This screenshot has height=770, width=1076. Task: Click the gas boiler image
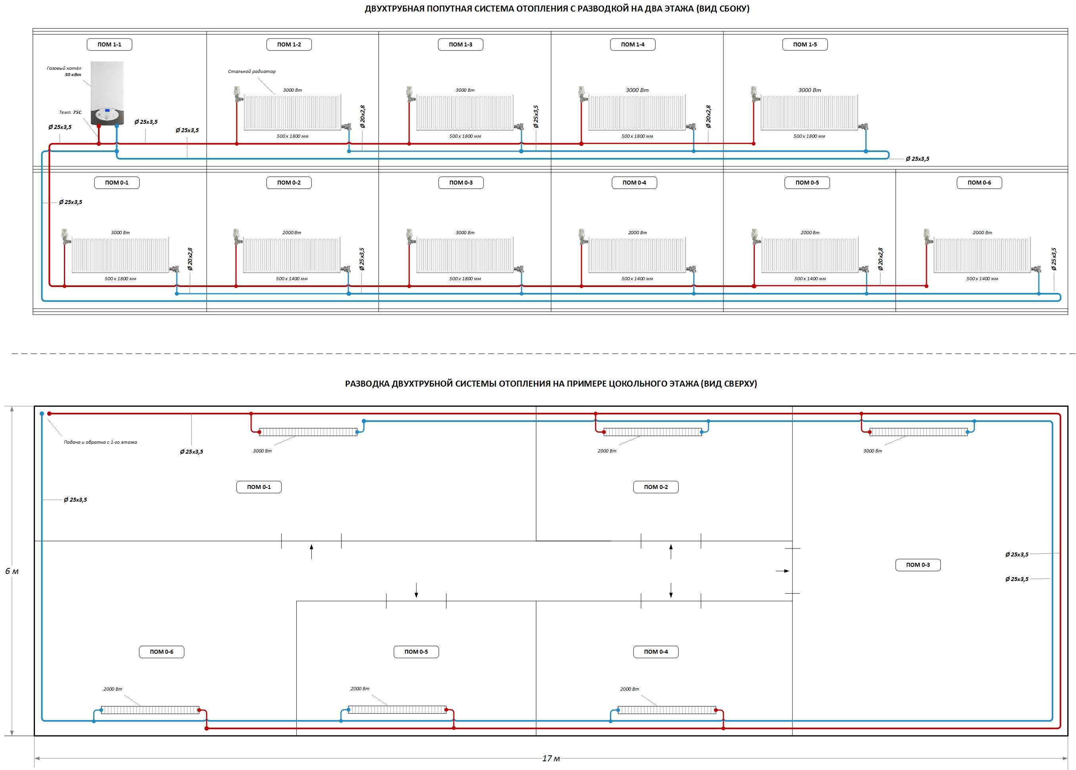[x=107, y=93]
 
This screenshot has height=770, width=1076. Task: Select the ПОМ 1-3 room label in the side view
[x=460, y=44]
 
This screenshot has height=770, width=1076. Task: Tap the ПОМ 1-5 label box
[x=805, y=44]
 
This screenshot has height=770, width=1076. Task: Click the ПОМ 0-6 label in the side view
[x=979, y=183]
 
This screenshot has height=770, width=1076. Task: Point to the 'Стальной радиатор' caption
[x=251, y=71]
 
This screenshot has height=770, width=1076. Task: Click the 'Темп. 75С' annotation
[x=70, y=112]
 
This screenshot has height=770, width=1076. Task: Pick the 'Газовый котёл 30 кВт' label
[x=64, y=71]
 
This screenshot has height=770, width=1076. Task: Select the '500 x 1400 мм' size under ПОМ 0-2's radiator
[x=292, y=279]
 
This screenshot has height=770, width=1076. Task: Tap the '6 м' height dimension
[x=12, y=571]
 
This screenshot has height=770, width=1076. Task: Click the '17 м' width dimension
[x=551, y=758]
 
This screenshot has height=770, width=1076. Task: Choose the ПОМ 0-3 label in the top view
[x=918, y=565]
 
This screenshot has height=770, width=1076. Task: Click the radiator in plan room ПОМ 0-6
[x=150, y=710]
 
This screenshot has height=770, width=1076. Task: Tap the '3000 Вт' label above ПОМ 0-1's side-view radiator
[x=120, y=233]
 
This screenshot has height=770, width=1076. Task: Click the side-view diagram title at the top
[x=557, y=9]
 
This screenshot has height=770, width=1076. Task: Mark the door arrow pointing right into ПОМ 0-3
[x=782, y=571]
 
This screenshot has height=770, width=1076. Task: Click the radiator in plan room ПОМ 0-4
[x=667, y=710]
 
